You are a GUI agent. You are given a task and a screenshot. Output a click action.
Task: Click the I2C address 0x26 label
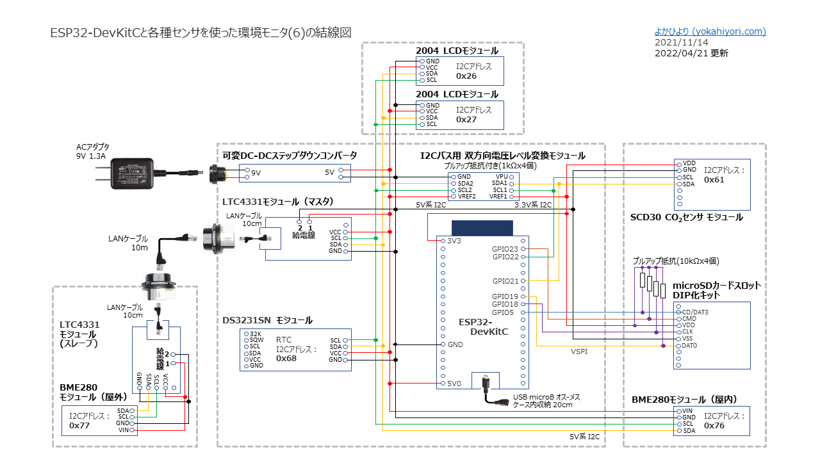click(x=466, y=76)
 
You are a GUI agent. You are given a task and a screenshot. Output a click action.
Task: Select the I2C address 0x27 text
click(x=466, y=119)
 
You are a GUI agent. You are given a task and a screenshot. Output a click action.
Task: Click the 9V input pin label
click(x=256, y=173)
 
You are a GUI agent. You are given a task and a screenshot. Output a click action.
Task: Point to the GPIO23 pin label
click(x=505, y=248)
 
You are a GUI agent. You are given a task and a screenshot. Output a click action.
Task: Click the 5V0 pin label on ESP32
click(x=454, y=384)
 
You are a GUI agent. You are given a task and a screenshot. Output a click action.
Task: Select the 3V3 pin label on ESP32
click(x=454, y=241)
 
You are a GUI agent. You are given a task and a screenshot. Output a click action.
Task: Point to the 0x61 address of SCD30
click(x=714, y=180)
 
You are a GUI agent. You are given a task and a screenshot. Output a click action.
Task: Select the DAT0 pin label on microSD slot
click(x=690, y=345)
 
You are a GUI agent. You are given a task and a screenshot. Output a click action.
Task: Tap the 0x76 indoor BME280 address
click(x=714, y=425)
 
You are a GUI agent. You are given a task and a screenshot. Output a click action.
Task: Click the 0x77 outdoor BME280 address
click(x=79, y=425)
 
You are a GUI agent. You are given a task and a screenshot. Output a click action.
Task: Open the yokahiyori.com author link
click(x=710, y=31)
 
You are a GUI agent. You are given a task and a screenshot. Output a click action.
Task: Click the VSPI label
click(x=580, y=352)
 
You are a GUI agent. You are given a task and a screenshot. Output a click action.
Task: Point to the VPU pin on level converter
click(x=502, y=176)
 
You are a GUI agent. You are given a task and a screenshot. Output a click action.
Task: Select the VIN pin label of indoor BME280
click(x=688, y=411)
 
